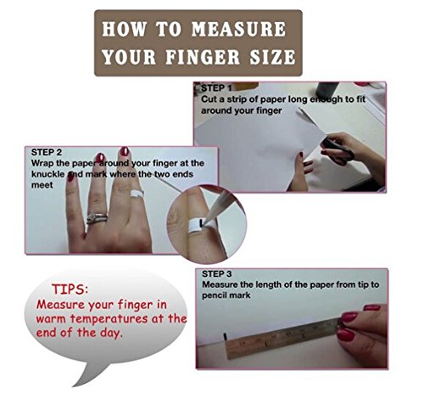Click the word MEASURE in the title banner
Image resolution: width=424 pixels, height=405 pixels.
click(x=239, y=29)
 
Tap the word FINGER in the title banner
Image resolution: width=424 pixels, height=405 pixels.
click(x=203, y=57)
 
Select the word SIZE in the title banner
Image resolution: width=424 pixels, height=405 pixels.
click(x=272, y=57)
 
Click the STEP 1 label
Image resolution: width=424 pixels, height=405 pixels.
click(x=216, y=88)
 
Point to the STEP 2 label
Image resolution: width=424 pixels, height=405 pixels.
click(x=47, y=152)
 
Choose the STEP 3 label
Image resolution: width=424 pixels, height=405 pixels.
click(x=217, y=274)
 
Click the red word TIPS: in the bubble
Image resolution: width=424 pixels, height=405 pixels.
click(x=70, y=290)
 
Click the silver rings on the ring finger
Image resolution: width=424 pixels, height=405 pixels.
click(x=97, y=218)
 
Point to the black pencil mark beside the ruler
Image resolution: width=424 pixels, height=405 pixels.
click(x=226, y=337)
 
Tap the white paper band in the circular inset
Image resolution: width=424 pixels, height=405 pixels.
click(x=201, y=226)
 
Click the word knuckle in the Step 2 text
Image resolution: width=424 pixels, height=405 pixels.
click(x=48, y=174)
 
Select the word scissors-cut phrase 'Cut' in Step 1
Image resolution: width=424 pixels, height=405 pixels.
click(x=208, y=99)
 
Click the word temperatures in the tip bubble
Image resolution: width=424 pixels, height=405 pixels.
click(x=109, y=319)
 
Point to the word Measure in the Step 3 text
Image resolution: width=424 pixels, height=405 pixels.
click(x=220, y=284)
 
